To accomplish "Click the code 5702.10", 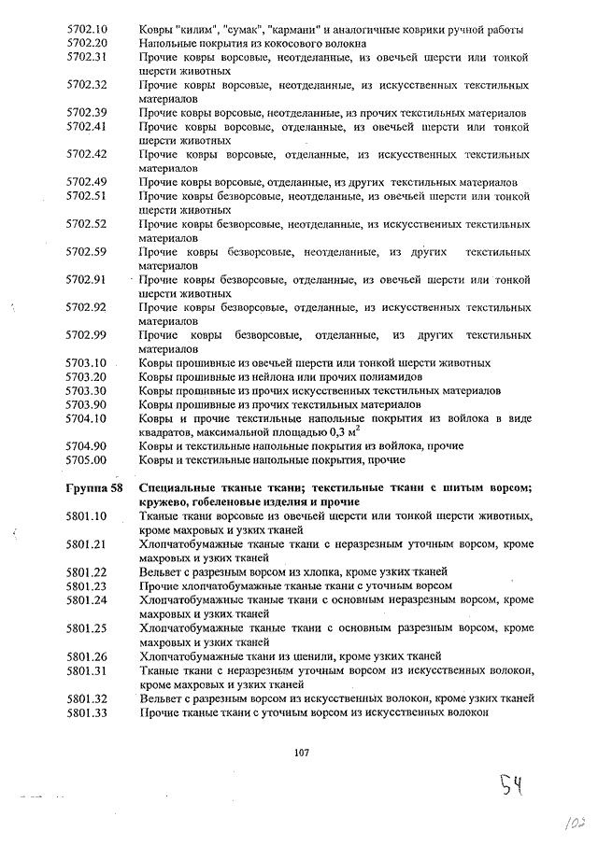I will point(88,30).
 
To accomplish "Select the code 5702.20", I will point(88,44).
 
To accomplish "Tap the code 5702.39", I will point(88,112).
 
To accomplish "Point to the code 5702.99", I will point(88,334).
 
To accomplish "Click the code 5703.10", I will point(88,362).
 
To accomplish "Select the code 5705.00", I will point(88,459).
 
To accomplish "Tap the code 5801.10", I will point(88,516).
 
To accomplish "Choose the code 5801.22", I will point(88,571).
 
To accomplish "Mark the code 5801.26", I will point(88,655).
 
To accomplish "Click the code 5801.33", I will point(88,712).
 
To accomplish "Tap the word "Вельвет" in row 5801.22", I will point(160,571).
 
